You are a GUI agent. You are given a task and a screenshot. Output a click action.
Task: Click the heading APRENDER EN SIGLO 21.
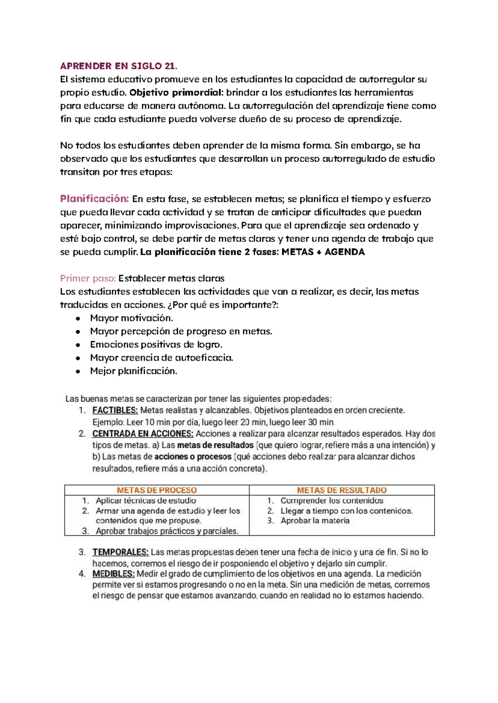(x=119, y=66)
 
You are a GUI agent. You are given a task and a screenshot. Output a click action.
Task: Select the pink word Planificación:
(x=95, y=199)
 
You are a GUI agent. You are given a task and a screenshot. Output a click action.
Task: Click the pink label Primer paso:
(x=88, y=278)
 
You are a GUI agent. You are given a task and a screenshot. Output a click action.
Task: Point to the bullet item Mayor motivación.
(x=132, y=318)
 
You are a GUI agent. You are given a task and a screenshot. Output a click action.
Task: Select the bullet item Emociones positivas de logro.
(x=156, y=345)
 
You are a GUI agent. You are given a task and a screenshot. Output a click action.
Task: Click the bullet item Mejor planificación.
(x=133, y=371)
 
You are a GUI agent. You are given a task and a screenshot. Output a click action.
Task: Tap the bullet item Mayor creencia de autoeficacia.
(x=161, y=358)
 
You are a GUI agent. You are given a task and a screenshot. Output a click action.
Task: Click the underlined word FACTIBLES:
(x=115, y=411)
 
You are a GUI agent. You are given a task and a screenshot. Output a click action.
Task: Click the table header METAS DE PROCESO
(x=157, y=490)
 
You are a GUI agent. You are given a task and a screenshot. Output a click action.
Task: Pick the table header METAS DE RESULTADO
(x=342, y=490)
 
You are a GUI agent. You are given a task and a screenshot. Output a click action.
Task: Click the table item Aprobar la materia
(x=315, y=521)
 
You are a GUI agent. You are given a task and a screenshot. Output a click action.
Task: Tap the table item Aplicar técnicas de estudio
(x=146, y=501)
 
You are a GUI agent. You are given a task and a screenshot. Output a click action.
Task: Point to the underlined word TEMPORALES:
(x=120, y=552)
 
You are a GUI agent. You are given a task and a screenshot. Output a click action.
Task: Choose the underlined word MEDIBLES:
(x=113, y=574)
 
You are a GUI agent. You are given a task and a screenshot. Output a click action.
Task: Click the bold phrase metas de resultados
(x=215, y=445)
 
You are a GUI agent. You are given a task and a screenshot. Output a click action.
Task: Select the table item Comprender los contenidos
(x=332, y=501)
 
